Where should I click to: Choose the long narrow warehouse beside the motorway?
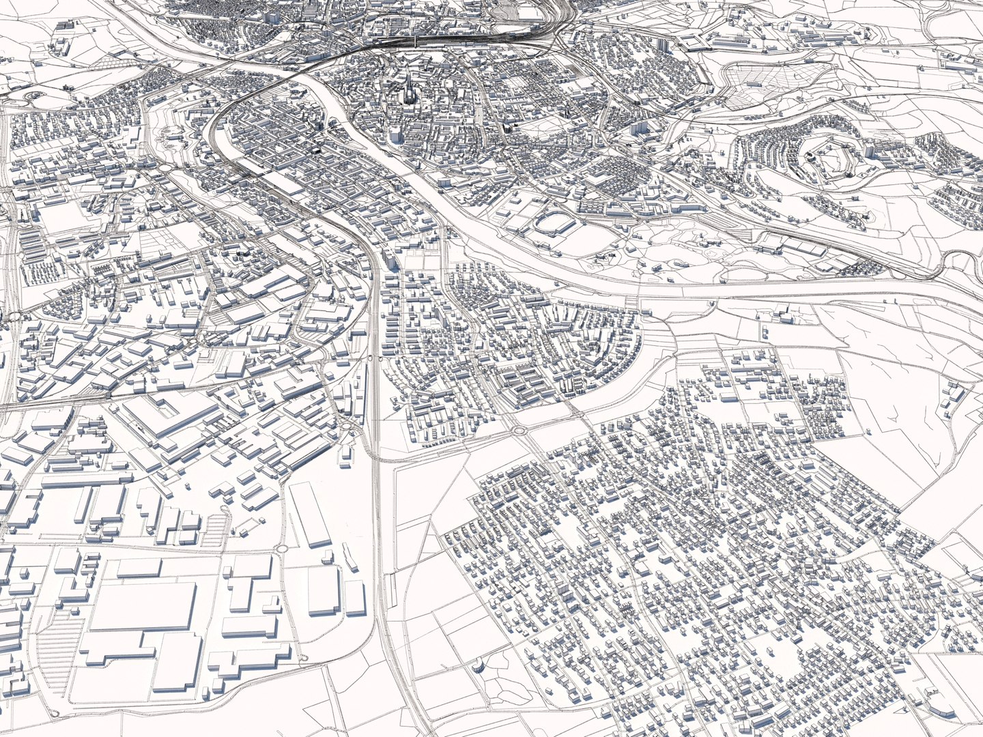310,515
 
